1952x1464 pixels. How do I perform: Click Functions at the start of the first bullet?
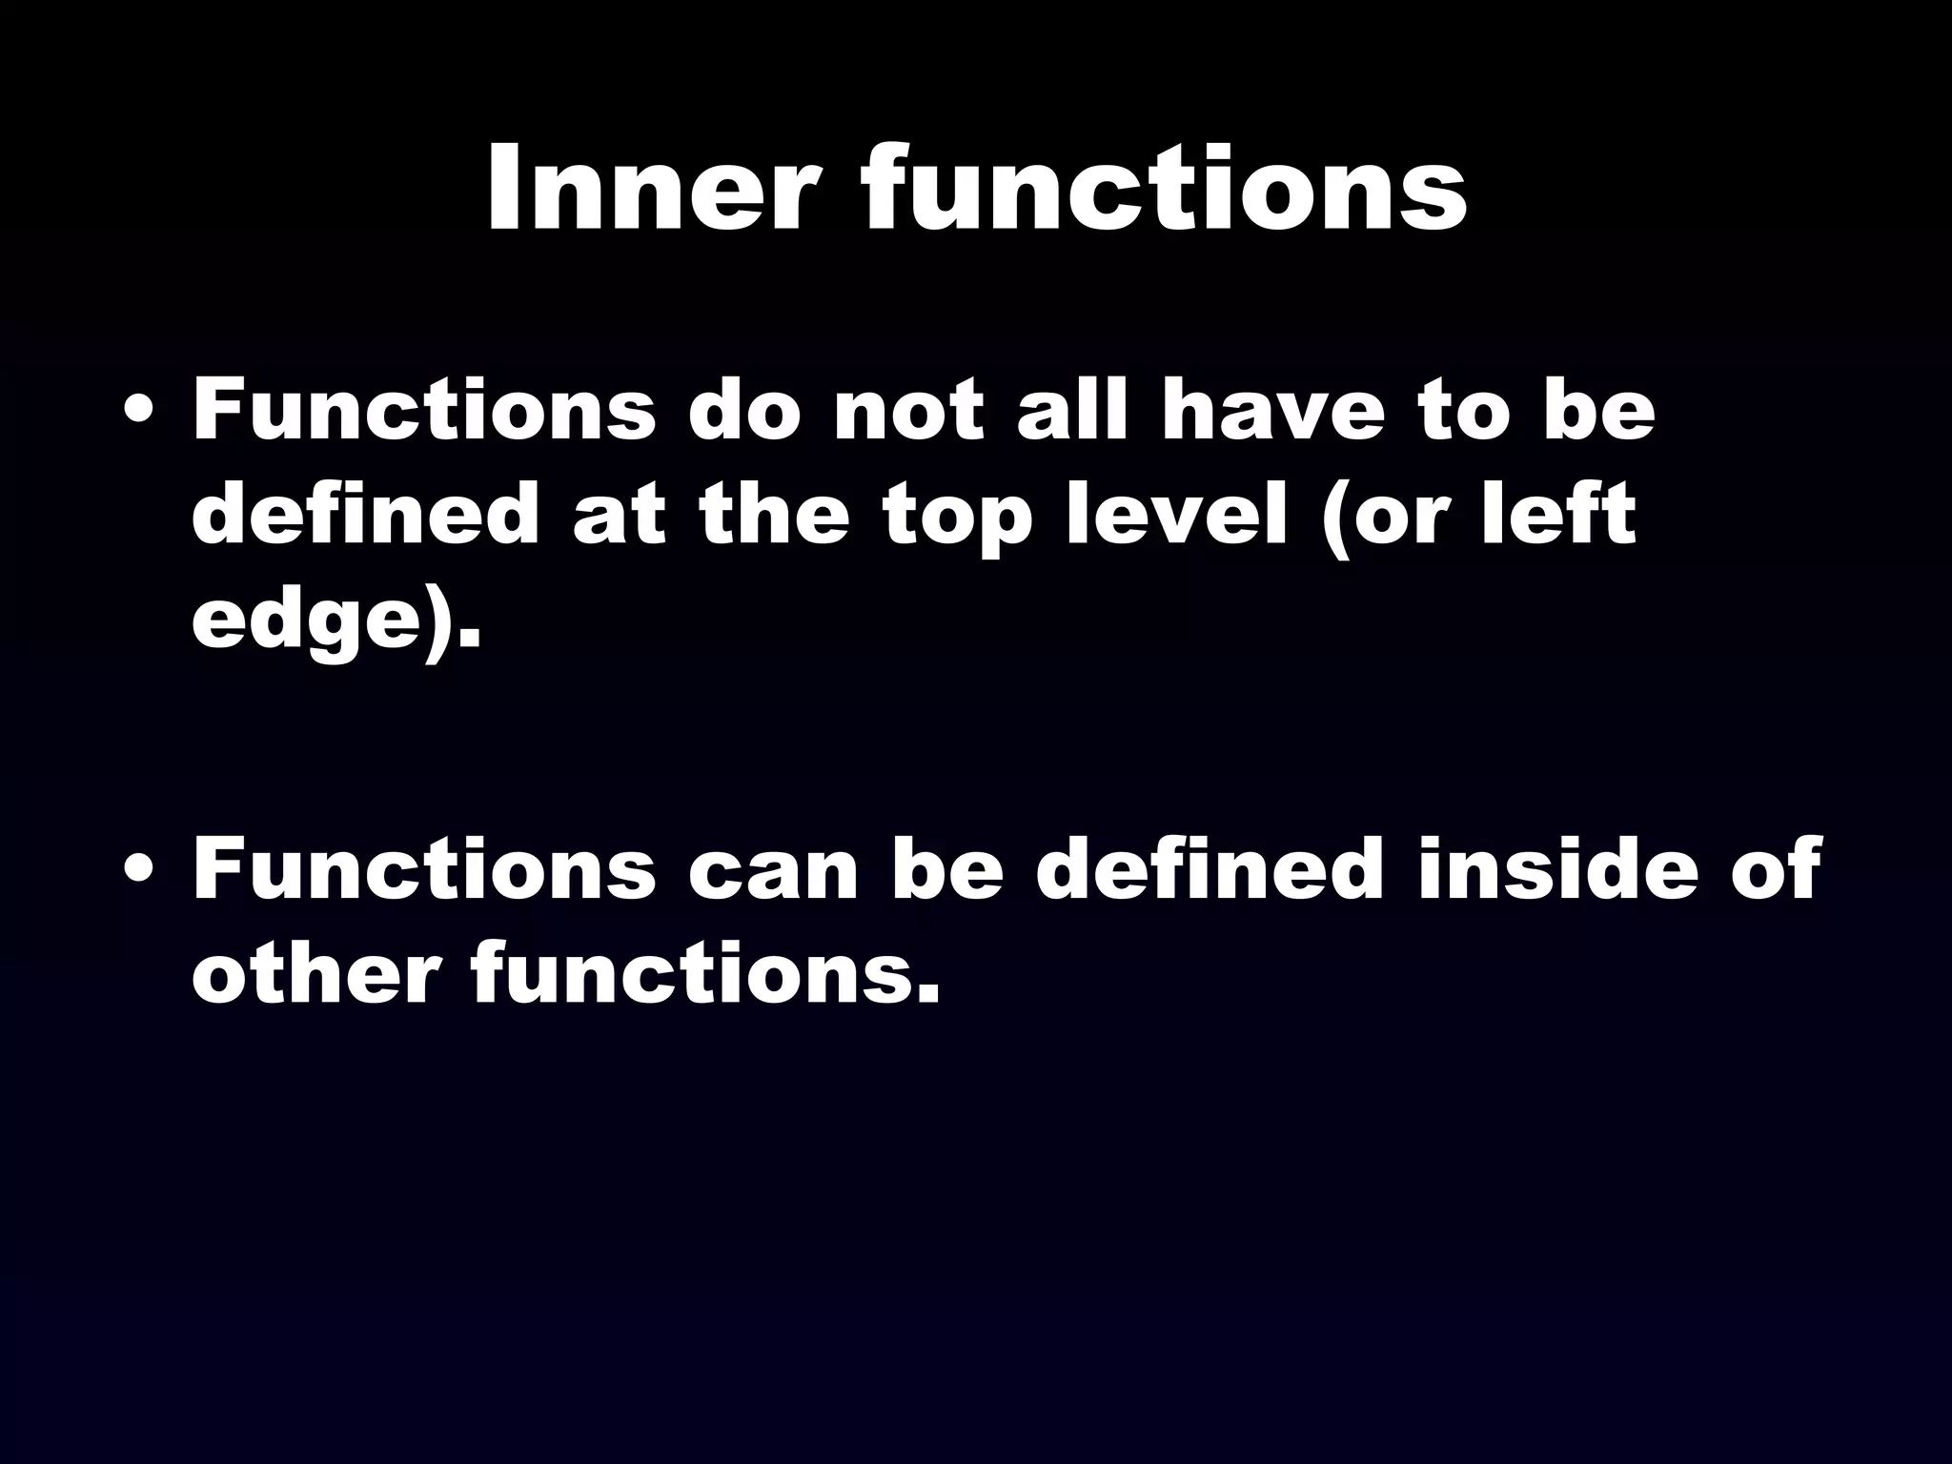click(423, 412)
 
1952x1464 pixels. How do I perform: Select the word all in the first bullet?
click(1071, 412)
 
